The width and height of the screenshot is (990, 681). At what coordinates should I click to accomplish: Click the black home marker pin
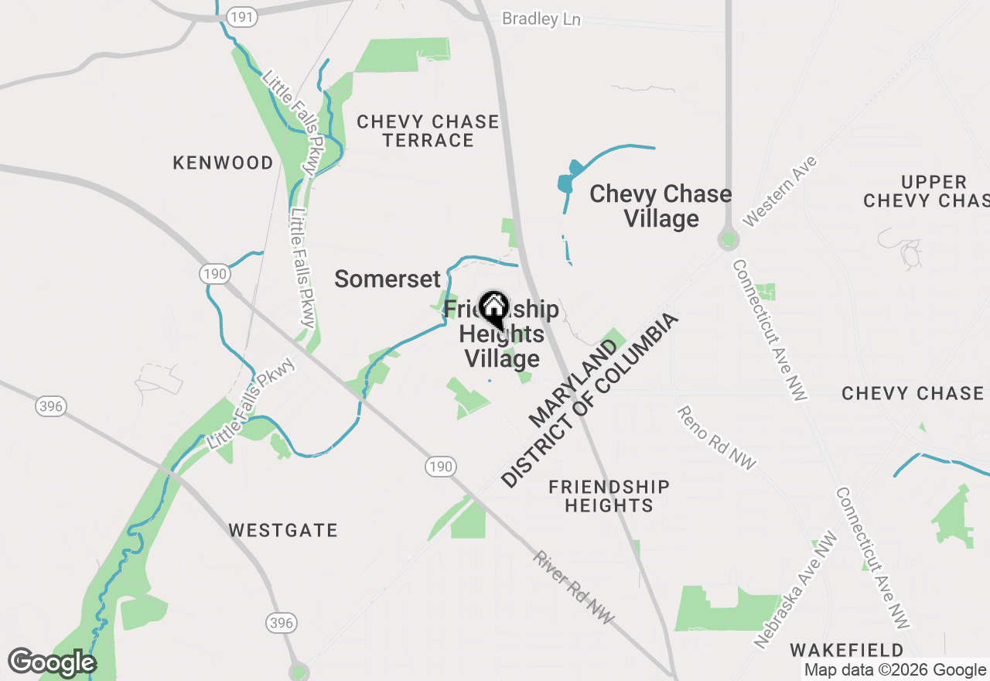pyautogui.click(x=493, y=309)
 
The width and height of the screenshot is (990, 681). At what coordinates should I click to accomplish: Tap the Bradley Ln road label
pyautogui.click(x=541, y=19)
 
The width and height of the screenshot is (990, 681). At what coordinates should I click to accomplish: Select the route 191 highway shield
pyautogui.click(x=243, y=17)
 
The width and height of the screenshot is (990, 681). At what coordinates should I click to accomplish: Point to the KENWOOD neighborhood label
pyautogui.click(x=223, y=163)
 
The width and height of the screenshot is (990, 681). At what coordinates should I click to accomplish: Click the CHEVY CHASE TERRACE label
pyautogui.click(x=428, y=131)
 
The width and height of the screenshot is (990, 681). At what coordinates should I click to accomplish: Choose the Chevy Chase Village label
pyautogui.click(x=661, y=206)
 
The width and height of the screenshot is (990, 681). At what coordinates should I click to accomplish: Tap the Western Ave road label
pyautogui.click(x=780, y=191)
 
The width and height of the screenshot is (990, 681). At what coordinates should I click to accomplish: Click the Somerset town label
pyautogui.click(x=387, y=279)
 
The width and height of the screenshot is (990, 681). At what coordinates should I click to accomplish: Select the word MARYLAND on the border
pyautogui.click(x=574, y=382)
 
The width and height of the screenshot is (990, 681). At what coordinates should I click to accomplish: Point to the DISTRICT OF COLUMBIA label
pyautogui.click(x=591, y=400)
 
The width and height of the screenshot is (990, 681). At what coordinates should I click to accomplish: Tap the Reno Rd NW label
pyautogui.click(x=716, y=437)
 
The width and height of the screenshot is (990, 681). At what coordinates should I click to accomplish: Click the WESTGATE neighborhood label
pyautogui.click(x=283, y=530)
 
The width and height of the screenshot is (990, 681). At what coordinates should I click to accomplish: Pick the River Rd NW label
pyautogui.click(x=573, y=587)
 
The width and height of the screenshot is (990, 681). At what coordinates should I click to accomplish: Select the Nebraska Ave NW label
pyautogui.click(x=797, y=590)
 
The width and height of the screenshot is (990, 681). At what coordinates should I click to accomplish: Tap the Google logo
pyautogui.click(x=52, y=662)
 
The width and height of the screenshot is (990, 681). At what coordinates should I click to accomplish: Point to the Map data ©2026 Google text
pyautogui.click(x=895, y=670)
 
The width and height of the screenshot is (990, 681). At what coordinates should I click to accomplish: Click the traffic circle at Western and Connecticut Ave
pyautogui.click(x=727, y=239)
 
